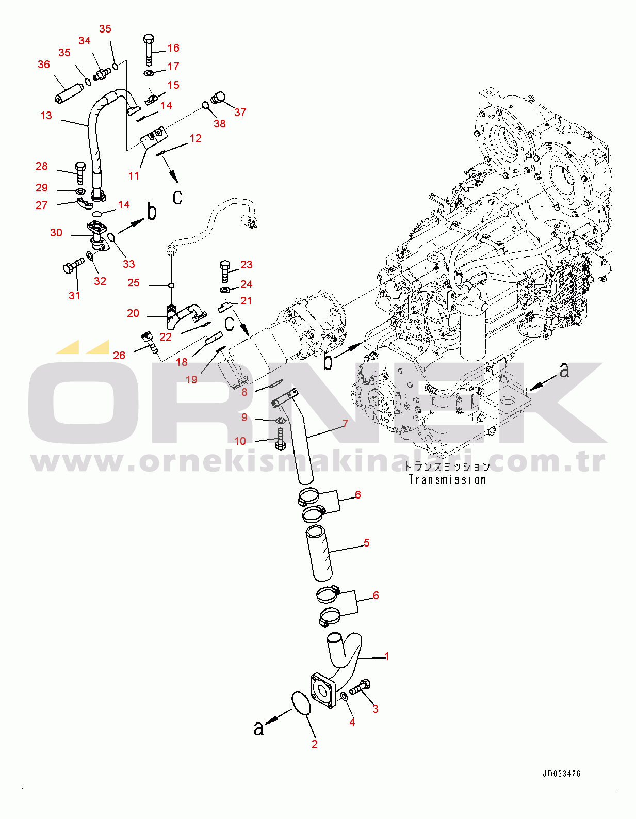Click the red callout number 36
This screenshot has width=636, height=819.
point(44,65)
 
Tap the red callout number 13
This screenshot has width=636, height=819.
point(46,116)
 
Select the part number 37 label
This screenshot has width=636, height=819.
point(240,113)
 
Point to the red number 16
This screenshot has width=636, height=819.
point(173,48)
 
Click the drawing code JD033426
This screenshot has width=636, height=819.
point(561,774)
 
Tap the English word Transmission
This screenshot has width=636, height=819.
point(447,480)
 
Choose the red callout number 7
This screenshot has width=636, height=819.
point(346,424)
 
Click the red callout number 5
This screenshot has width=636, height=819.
point(367,543)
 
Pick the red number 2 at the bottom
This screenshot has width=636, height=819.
point(315,744)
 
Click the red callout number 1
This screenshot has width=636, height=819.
point(387,656)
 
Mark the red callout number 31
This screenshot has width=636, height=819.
point(75,296)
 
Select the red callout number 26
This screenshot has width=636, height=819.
point(119,356)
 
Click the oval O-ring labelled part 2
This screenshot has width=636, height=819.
point(302,703)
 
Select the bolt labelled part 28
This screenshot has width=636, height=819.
point(80,172)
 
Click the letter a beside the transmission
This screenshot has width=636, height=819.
point(565,370)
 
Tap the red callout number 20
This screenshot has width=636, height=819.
point(133,313)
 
